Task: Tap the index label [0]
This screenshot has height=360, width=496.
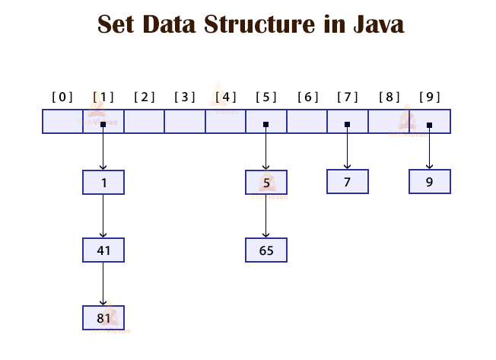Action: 62,97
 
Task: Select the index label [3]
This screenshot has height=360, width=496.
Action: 185,97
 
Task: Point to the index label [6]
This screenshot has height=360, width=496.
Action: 307,97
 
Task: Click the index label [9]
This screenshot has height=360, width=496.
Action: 429,97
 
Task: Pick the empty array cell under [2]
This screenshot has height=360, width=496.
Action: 144,122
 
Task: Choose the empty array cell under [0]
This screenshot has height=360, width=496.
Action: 62,122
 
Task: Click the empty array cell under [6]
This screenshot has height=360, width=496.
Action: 307,122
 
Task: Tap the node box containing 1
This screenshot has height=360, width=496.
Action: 103,182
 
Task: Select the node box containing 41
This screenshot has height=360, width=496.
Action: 103,250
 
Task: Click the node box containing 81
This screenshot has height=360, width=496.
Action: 103,317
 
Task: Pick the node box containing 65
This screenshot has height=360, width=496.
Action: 266,250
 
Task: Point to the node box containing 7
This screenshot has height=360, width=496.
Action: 348,182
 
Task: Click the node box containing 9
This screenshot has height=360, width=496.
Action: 429,182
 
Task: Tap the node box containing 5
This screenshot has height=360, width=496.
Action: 266,182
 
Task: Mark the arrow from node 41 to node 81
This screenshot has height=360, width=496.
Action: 103,283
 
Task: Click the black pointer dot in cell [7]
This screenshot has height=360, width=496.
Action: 348,125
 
